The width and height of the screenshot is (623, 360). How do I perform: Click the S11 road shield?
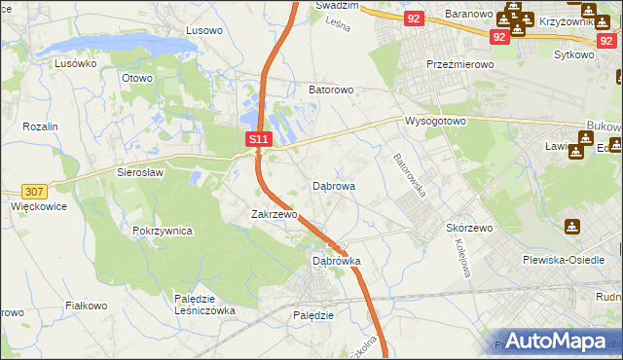[258, 140]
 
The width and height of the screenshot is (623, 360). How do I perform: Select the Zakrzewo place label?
[274, 214]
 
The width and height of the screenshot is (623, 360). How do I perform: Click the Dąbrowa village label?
[334, 185]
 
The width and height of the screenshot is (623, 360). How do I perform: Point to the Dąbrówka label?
[337, 261]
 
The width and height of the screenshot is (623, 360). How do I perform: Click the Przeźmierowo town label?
[460, 63]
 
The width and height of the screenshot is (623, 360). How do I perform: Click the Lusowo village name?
[204, 30]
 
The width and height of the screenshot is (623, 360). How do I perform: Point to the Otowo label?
[137, 78]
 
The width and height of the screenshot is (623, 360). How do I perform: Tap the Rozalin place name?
[41, 126]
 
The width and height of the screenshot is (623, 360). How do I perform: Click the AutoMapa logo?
[558, 342]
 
